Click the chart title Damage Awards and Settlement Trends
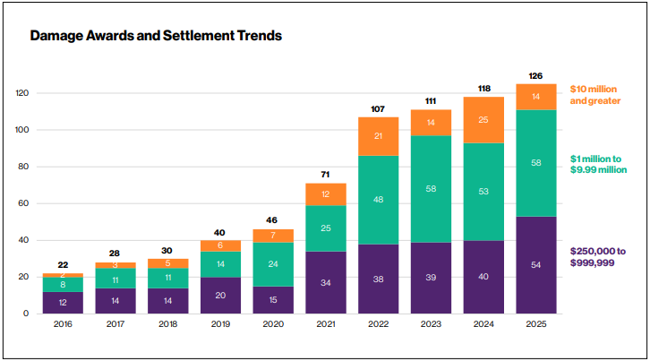point(156,37)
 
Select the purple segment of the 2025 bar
point(535,265)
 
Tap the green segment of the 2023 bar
point(431,189)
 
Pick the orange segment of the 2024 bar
point(483,120)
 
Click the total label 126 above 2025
point(535,75)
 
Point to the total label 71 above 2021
point(325,175)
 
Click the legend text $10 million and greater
point(595,96)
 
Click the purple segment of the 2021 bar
point(325,282)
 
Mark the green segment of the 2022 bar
point(378,200)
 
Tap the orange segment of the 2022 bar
point(378,136)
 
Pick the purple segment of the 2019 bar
point(219,296)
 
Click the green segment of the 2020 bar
point(272,264)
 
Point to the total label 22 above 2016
point(62,264)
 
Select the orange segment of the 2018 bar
point(167,263)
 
